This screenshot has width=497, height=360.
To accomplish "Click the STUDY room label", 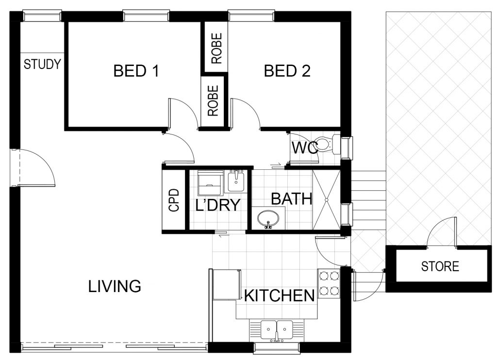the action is [x=42, y=65].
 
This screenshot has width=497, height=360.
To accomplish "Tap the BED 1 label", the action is [x=136, y=71].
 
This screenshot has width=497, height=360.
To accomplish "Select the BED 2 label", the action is [x=287, y=71].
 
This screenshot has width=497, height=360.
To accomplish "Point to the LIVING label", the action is [x=115, y=286].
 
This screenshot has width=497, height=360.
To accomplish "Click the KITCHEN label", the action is [x=279, y=295].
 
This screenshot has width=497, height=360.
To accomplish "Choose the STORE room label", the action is [x=440, y=266].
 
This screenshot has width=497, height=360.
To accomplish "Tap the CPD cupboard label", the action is [x=174, y=200].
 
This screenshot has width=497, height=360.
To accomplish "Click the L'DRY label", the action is [x=218, y=205].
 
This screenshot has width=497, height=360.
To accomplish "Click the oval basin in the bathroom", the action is [x=268, y=219].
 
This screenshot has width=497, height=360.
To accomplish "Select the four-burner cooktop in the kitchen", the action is [x=329, y=284].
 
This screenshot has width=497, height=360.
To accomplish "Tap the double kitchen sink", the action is [x=276, y=331].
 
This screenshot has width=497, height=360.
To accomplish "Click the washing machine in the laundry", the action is [x=210, y=183].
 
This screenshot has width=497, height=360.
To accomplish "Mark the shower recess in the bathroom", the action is [x=326, y=199].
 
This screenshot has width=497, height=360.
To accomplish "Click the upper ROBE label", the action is [x=216, y=49].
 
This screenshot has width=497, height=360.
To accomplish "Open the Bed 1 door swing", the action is [x=184, y=114].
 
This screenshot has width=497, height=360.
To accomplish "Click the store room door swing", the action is [x=442, y=231].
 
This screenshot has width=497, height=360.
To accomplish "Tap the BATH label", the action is [x=292, y=199].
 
